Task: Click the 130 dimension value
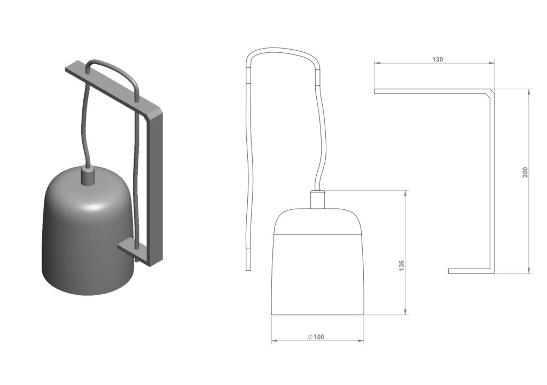coord(437,59)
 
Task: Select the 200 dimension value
coord(525,172)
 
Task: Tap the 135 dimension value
coord(402,265)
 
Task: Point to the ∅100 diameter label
coord(316,337)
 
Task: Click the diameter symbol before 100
coord(310,337)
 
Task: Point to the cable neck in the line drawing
coord(317,200)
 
